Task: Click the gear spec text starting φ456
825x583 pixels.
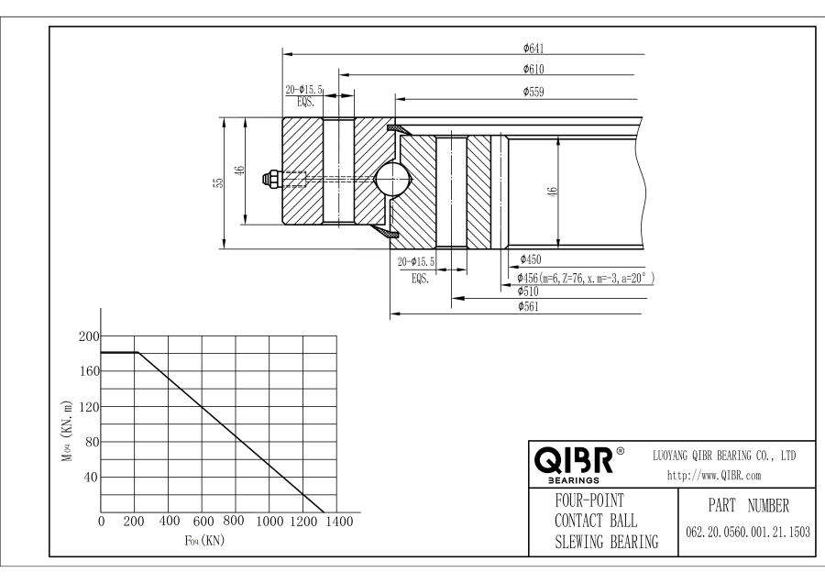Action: (585, 277)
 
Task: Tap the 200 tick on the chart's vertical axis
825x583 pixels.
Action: (86, 336)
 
